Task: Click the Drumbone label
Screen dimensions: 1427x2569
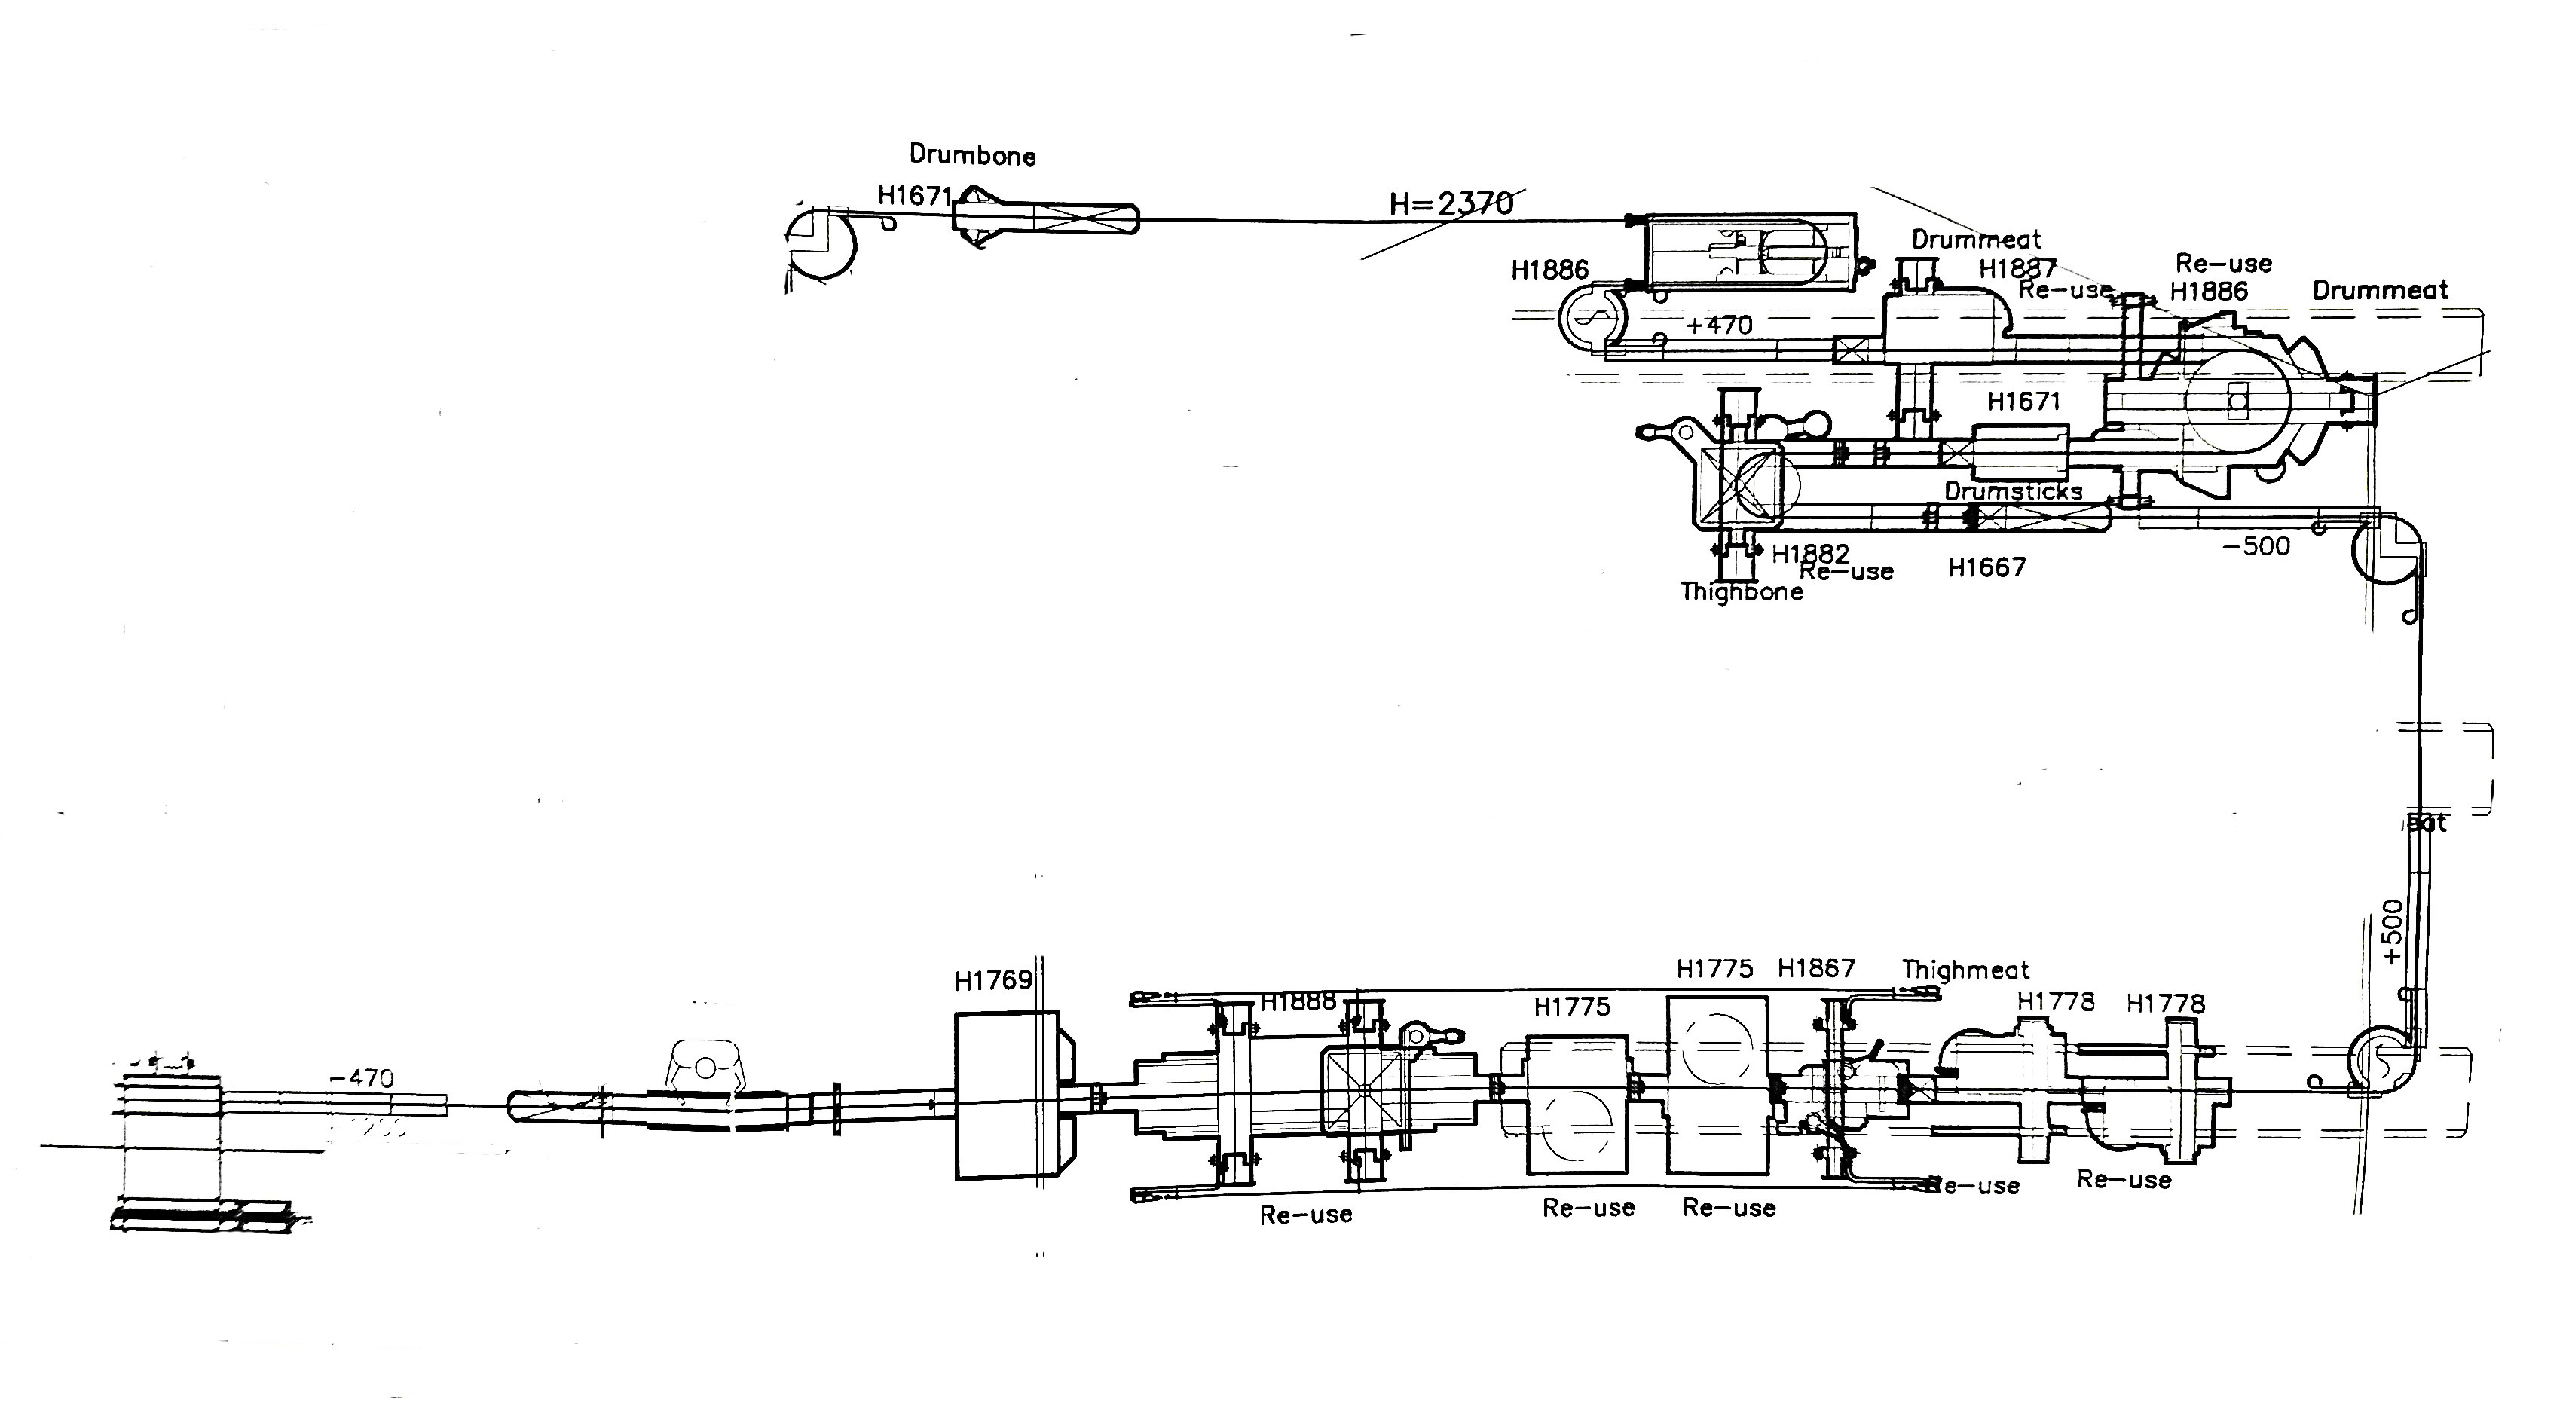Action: pos(971,155)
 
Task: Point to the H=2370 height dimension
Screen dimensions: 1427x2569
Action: pos(1451,203)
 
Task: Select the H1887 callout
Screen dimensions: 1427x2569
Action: pos(2017,268)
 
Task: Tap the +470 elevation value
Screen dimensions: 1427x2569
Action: pos(1718,325)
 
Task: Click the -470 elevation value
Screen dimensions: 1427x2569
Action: pos(361,1078)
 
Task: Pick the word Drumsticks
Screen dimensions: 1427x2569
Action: pos(2013,492)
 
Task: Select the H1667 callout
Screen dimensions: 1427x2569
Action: pos(1986,567)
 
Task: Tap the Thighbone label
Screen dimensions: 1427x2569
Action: pos(1742,591)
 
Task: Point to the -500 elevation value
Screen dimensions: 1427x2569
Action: pos(2256,546)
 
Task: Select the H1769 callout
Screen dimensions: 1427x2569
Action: pos(992,981)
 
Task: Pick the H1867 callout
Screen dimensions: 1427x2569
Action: pos(1816,968)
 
